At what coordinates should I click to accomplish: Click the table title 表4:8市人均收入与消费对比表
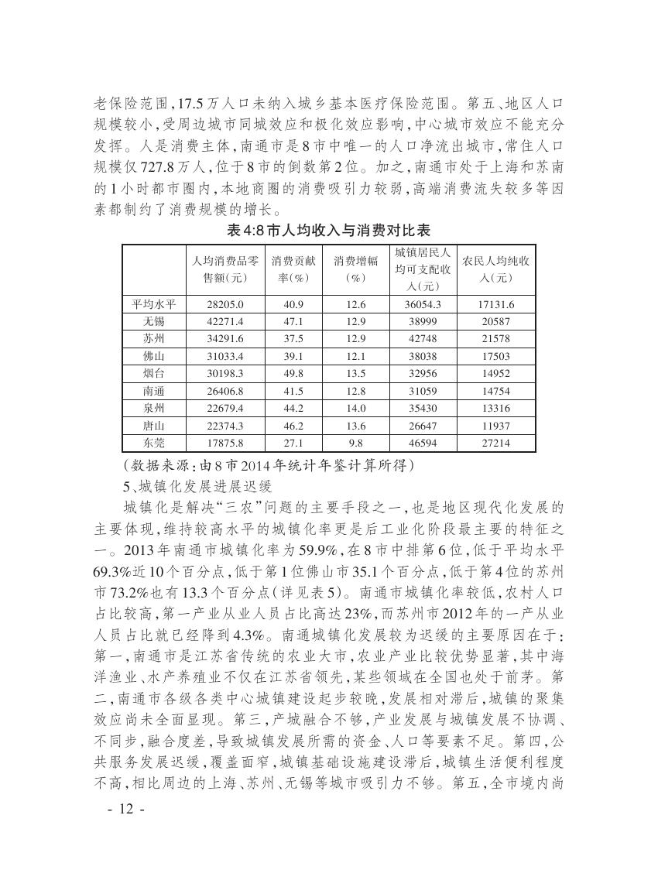pyautogui.click(x=328, y=230)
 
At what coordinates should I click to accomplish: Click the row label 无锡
pyautogui.click(x=154, y=321)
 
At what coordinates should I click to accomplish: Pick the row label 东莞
pyautogui.click(x=154, y=443)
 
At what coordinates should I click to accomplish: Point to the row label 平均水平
pyautogui.click(x=154, y=304)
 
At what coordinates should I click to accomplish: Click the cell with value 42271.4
pyautogui.click(x=225, y=321)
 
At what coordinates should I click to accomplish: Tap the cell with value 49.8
pyautogui.click(x=293, y=373)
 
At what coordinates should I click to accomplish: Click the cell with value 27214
pyautogui.click(x=496, y=443)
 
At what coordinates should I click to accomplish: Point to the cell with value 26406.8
pyautogui.click(x=225, y=391)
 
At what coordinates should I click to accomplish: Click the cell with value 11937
pyautogui.click(x=496, y=426)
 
